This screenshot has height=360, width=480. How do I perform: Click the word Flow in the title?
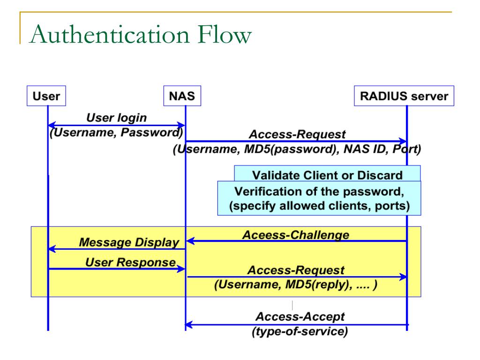pyautogui.click(x=224, y=34)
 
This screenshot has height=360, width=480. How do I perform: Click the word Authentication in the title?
pyautogui.click(x=110, y=34)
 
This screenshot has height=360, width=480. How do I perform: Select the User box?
pyautogui.click(x=46, y=96)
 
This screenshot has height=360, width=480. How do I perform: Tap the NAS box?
pyautogui.click(x=182, y=96)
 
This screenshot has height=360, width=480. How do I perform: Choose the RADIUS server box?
pyautogui.click(x=404, y=96)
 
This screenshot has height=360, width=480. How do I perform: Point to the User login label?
pyautogui.click(x=116, y=118)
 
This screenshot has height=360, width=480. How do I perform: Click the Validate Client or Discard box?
pyautogui.click(x=327, y=173)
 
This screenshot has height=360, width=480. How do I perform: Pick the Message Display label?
pyautogui.click(x=129, y=242)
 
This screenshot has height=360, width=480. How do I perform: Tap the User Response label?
pyautogui.click(x=130, y=262)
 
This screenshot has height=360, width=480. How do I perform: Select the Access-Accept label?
pyautogui.click(x=300, y=316)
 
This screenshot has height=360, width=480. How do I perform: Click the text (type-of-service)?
pyautogui.click(x=300, y=331)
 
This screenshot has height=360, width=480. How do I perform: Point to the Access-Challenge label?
pyautogui.click(x=296, y=235)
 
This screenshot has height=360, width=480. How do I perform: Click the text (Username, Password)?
pyautogui.click(x=116, y=133)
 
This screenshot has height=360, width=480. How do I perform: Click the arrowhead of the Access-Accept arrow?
pyautogui.click(x=189, y=324)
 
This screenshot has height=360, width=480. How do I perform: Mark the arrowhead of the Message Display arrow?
pyautogui.click(x=52, y=249)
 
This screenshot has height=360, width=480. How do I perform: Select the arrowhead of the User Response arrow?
pyautogui.click(x=181, y=269)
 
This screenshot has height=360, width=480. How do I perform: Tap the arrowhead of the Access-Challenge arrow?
pyautogui.click(x=190, y=241)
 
